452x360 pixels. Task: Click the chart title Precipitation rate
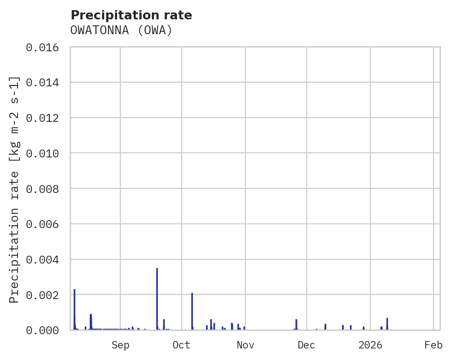pyautogui.click(x=131, y=15)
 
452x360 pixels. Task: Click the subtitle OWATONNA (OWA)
pyautogui.click(x=121, y=30)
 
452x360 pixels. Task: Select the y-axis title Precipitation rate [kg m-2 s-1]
pyautogui.click(x=14, y=189)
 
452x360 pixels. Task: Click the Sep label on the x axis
pyautogui.click(x=120, y=345)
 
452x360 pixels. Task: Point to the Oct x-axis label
pyautogui.click(x=181, y=345)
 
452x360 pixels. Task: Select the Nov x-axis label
pyautogui.click(x=245, y=345)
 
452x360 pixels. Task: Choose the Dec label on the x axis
pyautogui.click(x=306, y=345)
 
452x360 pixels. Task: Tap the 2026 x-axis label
pyautogui.click(x=370, y=345)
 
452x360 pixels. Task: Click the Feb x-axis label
pyautogui.click(x=434, y=345)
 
